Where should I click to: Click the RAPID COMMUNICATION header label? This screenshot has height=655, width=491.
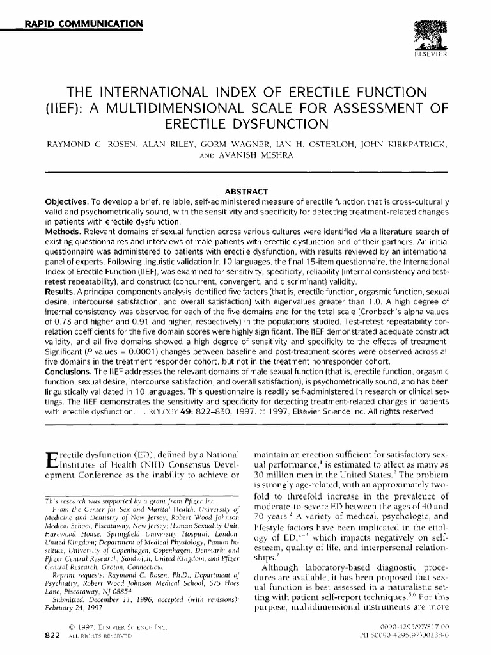(84, 25)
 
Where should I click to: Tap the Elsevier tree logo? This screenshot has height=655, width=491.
(425, 35)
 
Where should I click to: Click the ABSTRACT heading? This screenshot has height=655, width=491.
(246, 191)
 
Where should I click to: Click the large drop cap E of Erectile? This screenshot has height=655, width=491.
(52, 461)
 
